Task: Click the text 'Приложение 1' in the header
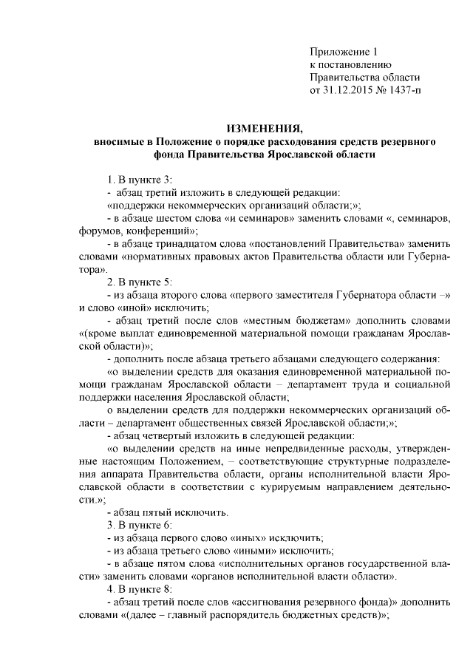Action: coord(343,52)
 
